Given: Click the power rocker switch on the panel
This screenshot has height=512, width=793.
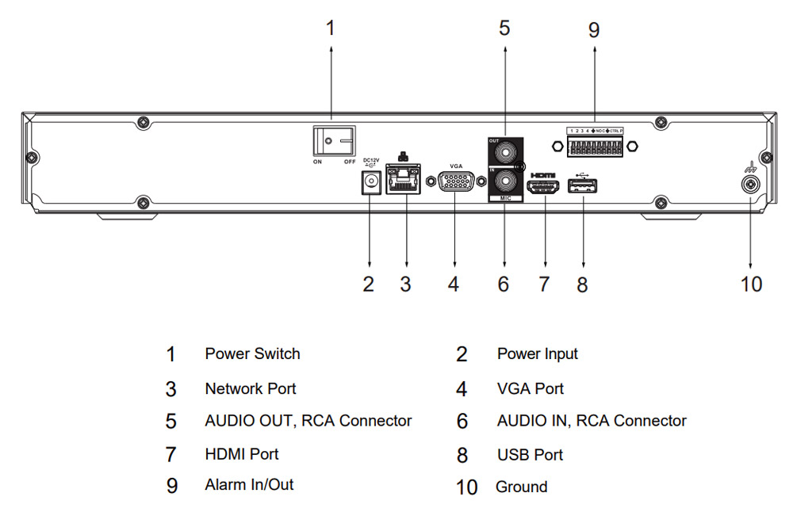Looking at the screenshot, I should click(x=332, y=142).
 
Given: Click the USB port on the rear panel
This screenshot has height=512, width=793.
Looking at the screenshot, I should click(x=583, y=186).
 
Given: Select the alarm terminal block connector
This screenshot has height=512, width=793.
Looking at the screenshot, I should click(x=595, y=146).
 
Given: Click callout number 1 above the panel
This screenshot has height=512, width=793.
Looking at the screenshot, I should click(x=331, y=29).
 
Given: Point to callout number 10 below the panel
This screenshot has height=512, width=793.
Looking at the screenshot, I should click(x=750, y=284).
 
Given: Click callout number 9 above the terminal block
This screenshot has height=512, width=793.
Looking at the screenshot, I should click(x=594, y=30).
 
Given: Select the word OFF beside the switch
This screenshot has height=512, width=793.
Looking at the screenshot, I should click(x=349, y=162).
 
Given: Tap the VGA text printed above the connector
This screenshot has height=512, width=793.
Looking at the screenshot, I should click(x=456, y=166).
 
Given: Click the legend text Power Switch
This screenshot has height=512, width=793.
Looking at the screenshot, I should click(x=252, y=353).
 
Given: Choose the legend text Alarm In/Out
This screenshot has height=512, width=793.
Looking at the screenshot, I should click(x=249, y=484).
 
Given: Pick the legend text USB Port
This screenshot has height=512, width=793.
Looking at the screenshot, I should click(x=530, y=455).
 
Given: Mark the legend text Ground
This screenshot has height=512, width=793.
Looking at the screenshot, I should click(x=521, y=487).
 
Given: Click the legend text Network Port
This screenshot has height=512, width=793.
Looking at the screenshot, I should click(x=251, y=389).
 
